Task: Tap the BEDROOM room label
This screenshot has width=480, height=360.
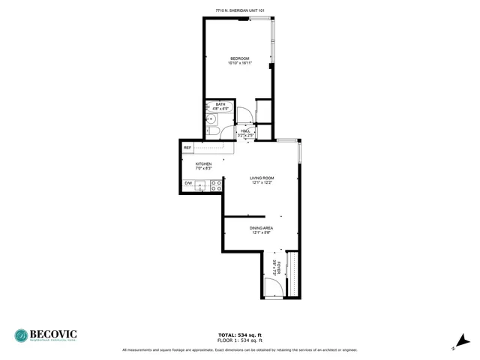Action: (239, 58)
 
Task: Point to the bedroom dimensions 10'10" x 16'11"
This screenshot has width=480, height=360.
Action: (239, 64)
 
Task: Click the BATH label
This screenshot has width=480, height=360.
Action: (220, 104)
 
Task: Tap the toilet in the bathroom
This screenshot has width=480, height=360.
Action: (213, 132)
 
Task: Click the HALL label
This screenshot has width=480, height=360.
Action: (245, 130)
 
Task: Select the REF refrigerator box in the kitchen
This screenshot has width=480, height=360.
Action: (187, 148)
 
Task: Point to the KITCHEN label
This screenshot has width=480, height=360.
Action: (203, 164)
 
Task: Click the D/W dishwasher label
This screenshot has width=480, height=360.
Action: (188, 184)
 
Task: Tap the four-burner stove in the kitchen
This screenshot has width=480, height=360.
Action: (215, 184)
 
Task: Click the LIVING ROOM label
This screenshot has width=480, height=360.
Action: (262, 178)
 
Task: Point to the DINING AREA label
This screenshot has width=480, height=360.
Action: (261, 227)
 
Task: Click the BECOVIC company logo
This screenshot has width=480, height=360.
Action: (46, 335)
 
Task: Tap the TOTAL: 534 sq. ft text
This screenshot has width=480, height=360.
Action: (239, 334)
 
